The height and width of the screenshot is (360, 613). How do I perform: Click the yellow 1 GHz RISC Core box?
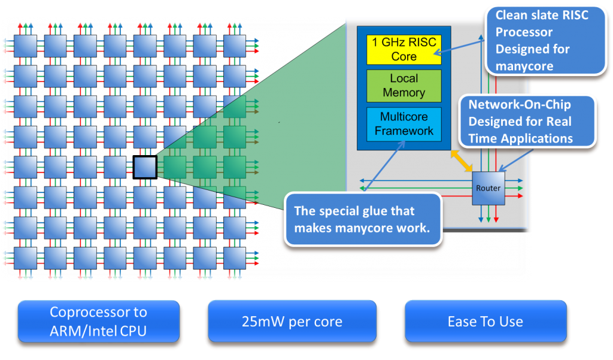[x=404, y=49]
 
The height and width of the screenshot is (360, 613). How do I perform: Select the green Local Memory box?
[x=404, y=86]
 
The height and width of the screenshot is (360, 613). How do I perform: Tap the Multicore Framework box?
[x=404, y=123]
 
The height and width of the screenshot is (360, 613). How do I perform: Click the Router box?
[x=488, y=188]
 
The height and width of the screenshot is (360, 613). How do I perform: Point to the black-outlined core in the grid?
[x=144, y=167]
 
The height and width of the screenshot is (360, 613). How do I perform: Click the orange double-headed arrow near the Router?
[x=461, y=161]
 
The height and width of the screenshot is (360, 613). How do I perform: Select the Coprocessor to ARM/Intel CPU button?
[x=99, y=321]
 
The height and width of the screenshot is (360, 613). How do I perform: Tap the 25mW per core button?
[x=292, y=322]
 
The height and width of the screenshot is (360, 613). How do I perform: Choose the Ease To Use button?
[x=485, y=322]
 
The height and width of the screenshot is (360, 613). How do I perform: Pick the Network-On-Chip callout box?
[x=527, y=122]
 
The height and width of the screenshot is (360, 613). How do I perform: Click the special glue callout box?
[x=363, y=219]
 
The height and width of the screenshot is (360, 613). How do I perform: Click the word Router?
[x=488, y=188]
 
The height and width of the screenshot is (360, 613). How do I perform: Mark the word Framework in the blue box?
[x=404, y=131]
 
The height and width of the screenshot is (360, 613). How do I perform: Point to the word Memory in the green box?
[x=404, y=93]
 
